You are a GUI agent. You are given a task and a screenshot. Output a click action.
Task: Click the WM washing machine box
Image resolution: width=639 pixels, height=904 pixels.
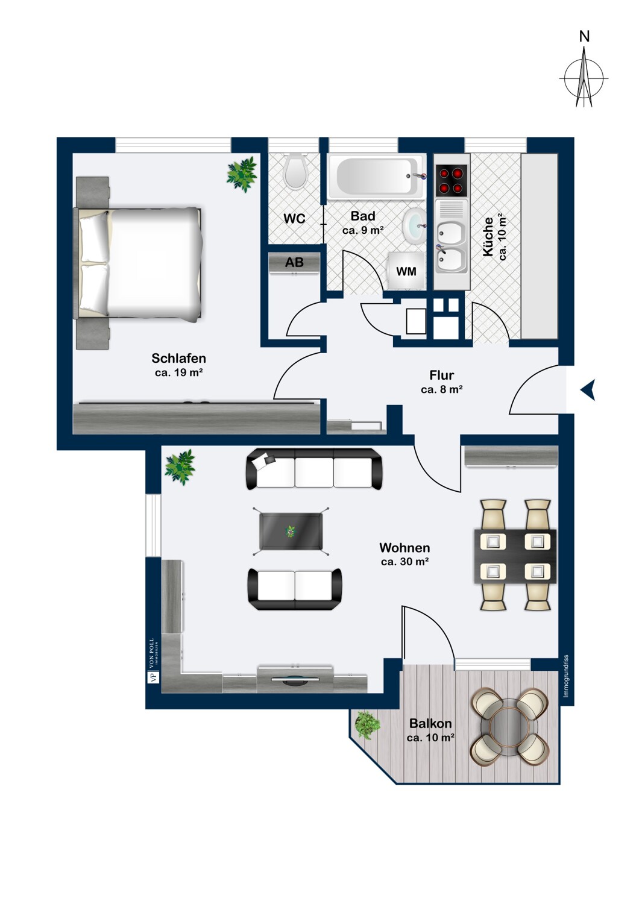point(406,271)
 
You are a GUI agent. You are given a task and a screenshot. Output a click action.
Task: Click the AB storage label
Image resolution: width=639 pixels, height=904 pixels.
point(294,263)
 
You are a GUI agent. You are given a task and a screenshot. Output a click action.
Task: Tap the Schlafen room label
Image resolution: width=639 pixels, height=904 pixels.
point(178,359)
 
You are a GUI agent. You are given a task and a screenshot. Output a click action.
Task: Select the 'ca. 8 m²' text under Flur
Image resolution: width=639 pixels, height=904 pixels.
point(441,390)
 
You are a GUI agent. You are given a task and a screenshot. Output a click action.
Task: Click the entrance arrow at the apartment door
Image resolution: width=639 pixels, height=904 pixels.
point(588,390)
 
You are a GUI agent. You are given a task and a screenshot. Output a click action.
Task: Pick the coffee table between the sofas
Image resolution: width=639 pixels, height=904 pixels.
point(291,531)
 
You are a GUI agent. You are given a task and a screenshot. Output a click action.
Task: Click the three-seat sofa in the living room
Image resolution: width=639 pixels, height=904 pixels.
point(313,469)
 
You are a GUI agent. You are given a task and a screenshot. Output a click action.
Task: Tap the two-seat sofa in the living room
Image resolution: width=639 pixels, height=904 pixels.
point(295,589)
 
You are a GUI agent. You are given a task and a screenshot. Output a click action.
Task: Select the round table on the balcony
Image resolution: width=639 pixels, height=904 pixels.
point(509,726)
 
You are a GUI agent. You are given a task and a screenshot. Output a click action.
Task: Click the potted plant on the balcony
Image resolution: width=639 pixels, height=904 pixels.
point(366,724)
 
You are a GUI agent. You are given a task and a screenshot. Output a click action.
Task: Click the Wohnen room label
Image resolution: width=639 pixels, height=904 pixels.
point(404,548)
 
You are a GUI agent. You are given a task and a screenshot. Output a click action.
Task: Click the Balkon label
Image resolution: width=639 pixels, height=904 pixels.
point(430,723)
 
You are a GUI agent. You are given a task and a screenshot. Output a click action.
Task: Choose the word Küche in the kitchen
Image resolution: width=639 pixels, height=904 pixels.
point(488,237)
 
